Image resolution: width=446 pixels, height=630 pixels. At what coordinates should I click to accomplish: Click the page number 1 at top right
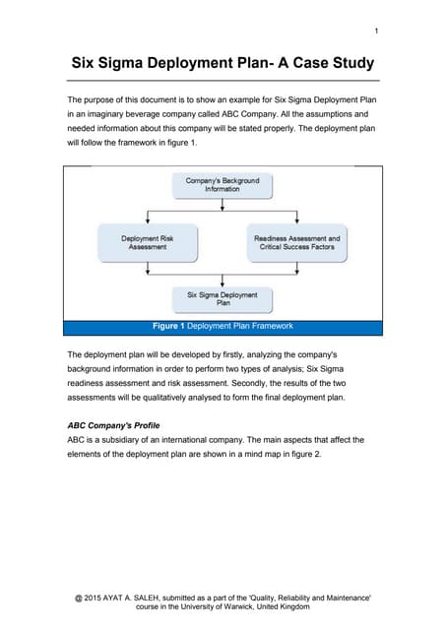pyautogui.click(x=376, y=31)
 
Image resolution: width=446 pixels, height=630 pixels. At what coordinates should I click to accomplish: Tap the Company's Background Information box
pyautogui.click(x=223, y=184)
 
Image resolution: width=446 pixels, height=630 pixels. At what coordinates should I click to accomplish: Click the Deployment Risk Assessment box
pyautogui.click(x=148, y=242)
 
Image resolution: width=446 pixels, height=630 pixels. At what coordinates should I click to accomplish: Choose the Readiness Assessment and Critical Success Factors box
pyautogui.click(x=296, y=242)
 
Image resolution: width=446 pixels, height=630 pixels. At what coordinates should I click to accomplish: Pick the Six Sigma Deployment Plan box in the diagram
pyautogui.click(x=223, y=298)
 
